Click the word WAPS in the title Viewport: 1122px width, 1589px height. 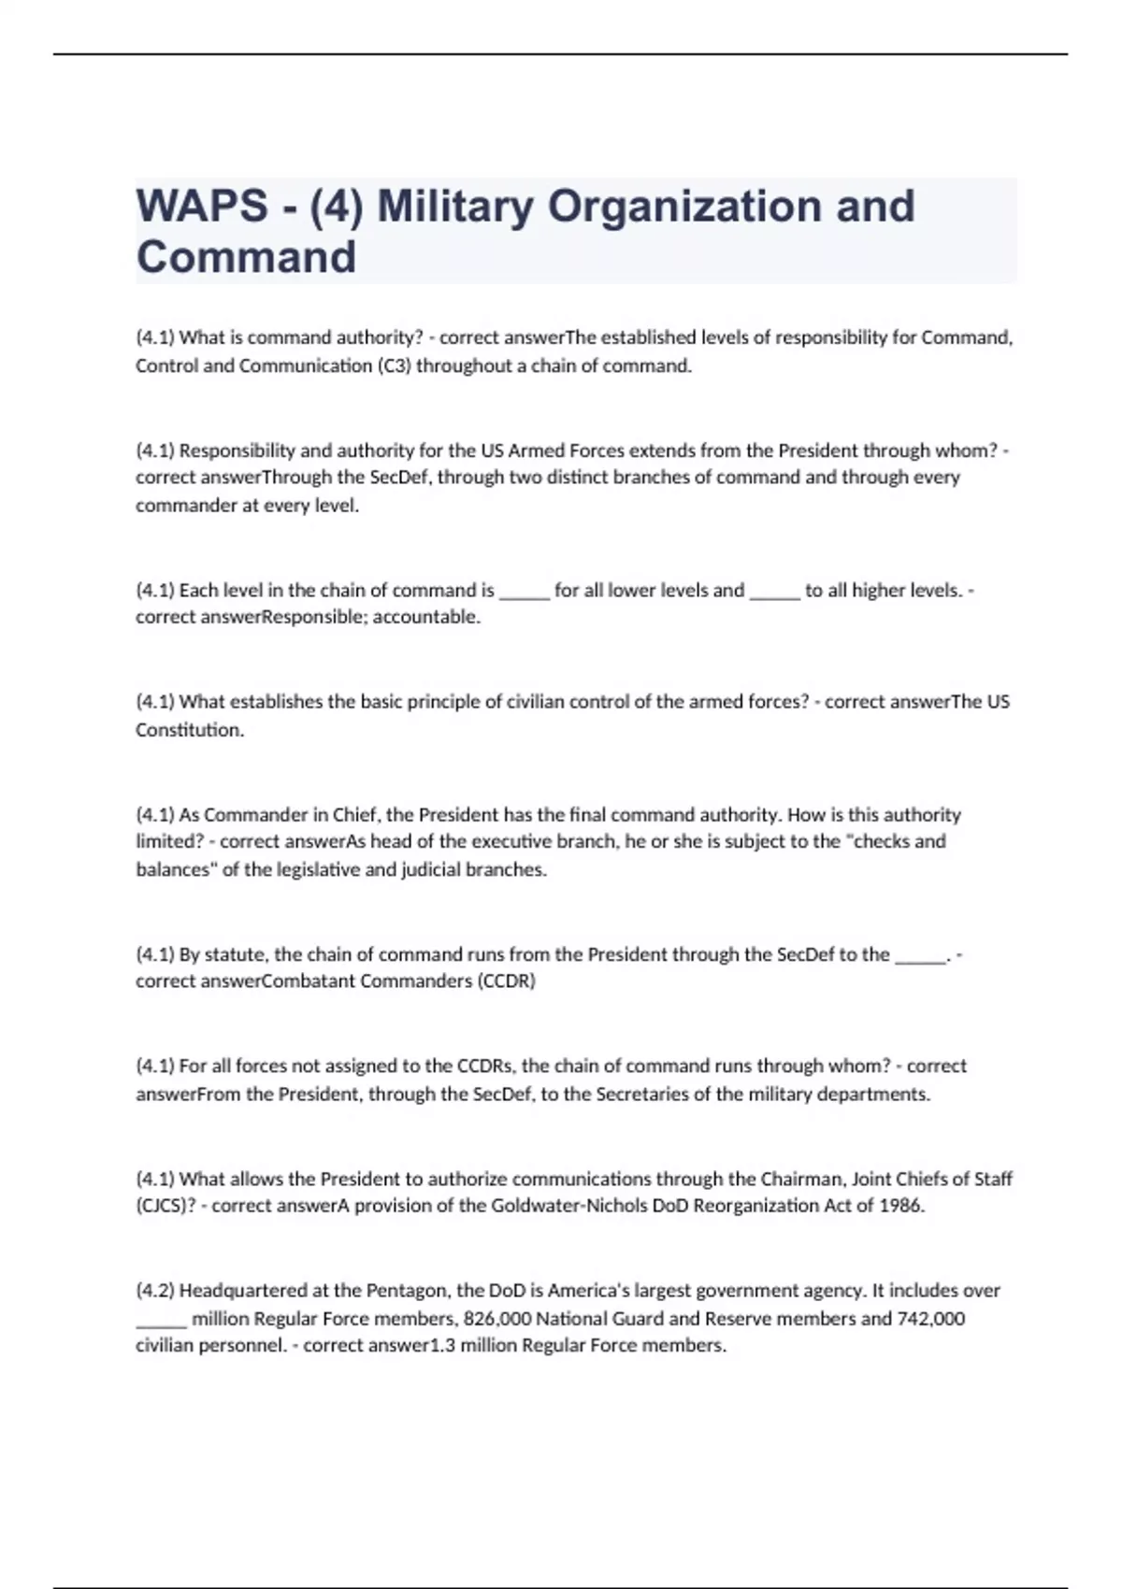pyautogui.click(x=202, y=207)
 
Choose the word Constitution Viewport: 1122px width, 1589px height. pyautogui.click(x=189, y=730)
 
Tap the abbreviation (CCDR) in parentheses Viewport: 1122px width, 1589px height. pyautogui.click(x=506, y=981)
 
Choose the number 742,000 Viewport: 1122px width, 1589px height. pyautogui.click(x=930, y=1319)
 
